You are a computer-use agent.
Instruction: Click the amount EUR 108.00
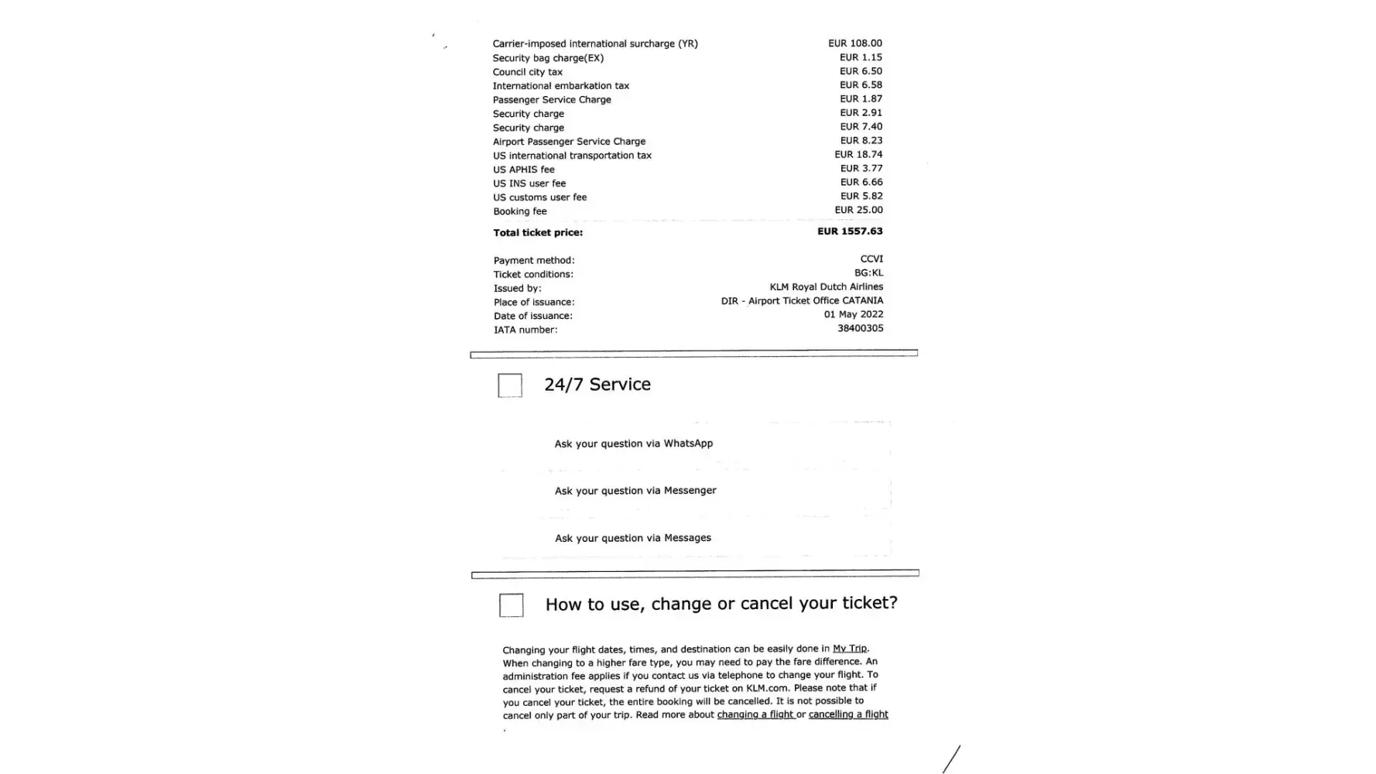[x=854, y=43]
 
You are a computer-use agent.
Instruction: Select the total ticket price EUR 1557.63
[x=850, y=231]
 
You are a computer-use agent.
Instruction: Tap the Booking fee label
[x=520, y=211]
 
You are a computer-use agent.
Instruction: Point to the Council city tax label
[x=528, y=72]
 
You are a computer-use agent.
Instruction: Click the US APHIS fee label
[x=524, y=170]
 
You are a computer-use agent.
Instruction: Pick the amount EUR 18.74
[x=858, y=155]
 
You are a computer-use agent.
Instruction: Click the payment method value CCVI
[x=871, y=259]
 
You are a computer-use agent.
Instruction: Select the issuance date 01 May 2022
[x=854, y=315]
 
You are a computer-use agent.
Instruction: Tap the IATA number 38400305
[x=860, y=329]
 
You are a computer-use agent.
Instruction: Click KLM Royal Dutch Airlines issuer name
[x=826, y=287]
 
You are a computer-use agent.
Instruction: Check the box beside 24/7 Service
[x=510, y=385]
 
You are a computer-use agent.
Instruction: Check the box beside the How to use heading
[x=512, y=605]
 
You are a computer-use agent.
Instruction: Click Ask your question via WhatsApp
[x=634, y=444]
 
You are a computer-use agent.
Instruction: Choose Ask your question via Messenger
[x=635, y=491]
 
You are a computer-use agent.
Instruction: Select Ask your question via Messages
[x=633, y=538]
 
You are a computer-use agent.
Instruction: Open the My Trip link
[x=850, y=649]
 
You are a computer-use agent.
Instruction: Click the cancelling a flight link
[x=848, y=714]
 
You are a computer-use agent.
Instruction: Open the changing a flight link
[x=755, y=714]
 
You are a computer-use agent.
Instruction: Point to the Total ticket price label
[x=538, y=233]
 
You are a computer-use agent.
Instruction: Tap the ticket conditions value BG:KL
[x=868, y=273]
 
